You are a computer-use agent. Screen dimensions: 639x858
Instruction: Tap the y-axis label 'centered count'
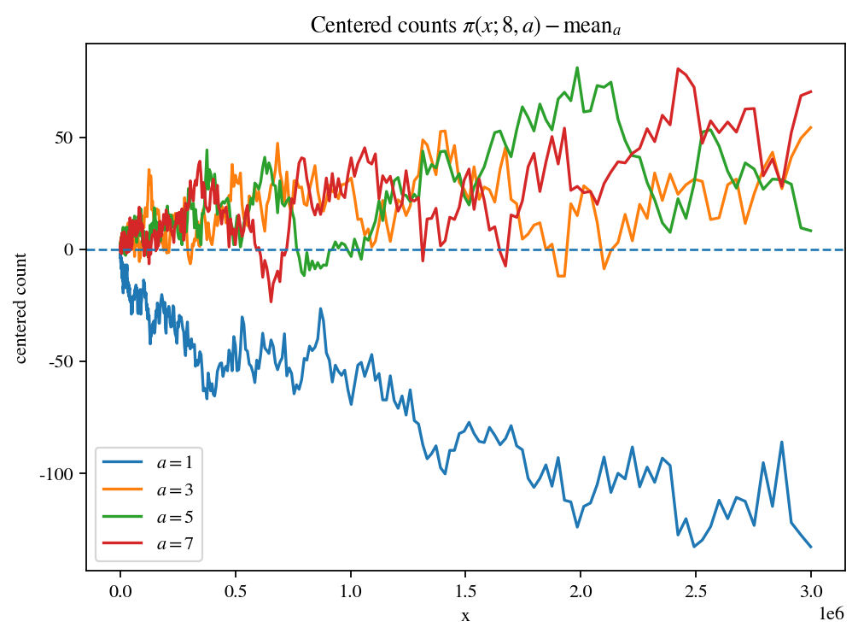pos(21,308)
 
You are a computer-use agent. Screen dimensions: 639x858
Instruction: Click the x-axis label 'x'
pos(465,615)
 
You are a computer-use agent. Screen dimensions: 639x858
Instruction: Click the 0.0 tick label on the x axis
pos(120,590)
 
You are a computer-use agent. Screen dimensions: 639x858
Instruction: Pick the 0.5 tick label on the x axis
pos(236,590)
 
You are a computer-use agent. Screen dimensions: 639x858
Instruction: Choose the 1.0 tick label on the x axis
pos(351,590)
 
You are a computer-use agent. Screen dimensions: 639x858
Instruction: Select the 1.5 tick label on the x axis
pos(465,590)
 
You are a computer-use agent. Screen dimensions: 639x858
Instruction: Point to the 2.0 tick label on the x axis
pos(581,590)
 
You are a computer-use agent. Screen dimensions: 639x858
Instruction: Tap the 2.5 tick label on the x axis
pos(696,590)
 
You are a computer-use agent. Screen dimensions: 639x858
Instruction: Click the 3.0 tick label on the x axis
pos(811,590)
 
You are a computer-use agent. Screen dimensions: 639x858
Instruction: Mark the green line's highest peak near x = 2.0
pos(578,67)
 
